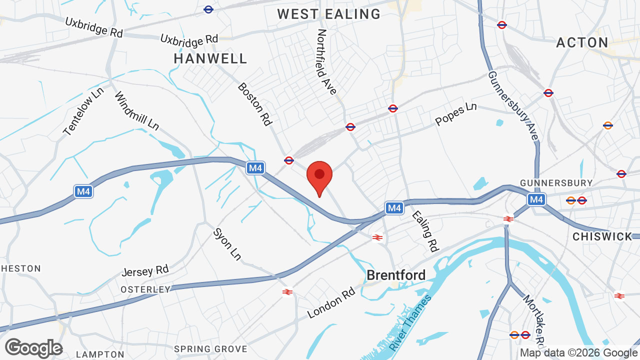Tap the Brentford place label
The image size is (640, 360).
[396, 275]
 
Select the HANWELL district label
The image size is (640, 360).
[210, 58]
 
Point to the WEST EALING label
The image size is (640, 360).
[329, 14]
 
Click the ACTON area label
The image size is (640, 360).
[582, 42]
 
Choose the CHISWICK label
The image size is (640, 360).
[602, 236]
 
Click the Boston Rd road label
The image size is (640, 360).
[254, 103]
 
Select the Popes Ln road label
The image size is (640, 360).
[455, 114]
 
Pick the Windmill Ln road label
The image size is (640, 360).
[136, 111]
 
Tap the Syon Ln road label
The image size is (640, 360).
[227, 244]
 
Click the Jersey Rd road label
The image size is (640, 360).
[145, 271]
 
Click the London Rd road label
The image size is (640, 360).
[331, 302]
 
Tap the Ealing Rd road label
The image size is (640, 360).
[424, 230]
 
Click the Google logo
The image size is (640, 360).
[33, 348]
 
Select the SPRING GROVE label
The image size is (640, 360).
[210, 349]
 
